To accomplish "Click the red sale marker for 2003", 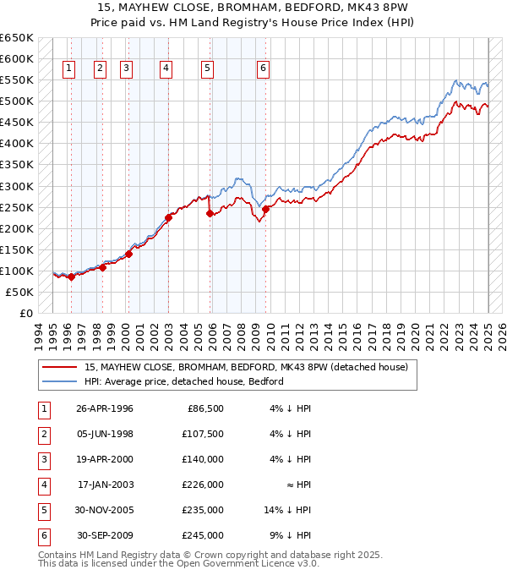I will click(168, 217).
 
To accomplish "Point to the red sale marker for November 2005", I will click(210, 213).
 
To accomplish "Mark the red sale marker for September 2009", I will click(265, 209).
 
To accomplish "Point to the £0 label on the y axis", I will click(25, 313).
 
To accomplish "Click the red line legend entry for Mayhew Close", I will click(246, 367).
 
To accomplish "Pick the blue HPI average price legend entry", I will click(183, 381).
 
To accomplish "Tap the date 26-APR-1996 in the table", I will click(105, 408).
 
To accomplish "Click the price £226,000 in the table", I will click(204, 485).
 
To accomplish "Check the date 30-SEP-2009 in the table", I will click(105, 535).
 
